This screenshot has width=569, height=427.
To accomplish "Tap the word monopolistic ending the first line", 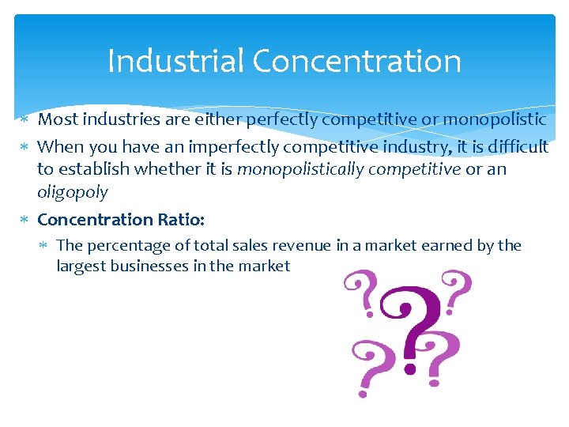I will pyautogui.click(x=495, y=119).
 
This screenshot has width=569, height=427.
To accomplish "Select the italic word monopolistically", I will pyautogui.click(x=300, y=168).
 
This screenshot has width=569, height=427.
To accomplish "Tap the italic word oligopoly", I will pyautogui.click(x=73, y=191).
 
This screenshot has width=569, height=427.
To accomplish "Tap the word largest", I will pyautogui.click(x=81, y=266).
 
